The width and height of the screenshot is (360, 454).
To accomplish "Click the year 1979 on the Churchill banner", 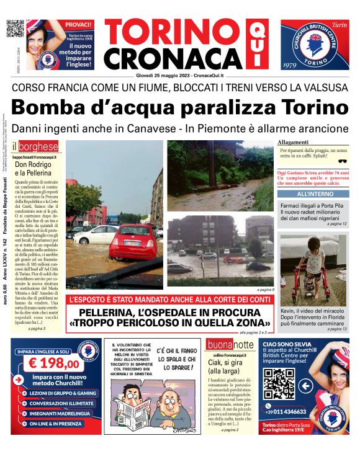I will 290,65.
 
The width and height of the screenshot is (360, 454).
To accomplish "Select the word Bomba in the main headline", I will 52,107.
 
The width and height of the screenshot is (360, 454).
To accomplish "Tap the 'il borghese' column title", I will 36,148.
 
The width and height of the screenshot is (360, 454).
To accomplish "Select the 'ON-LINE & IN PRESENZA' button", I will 53,425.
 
